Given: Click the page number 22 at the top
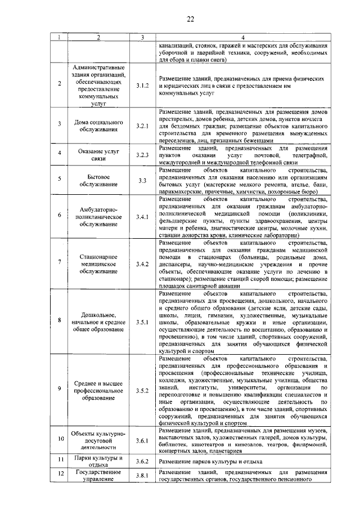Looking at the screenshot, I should pos(191,20).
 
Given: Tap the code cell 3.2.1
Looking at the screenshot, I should pos(142,126).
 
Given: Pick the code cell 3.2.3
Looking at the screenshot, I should pos(142,155).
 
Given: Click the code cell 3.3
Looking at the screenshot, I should pos(142,180).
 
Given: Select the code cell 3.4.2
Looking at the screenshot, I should pos(142,264).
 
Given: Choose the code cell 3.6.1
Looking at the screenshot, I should pos(142,440).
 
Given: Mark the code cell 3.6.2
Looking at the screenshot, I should pos(142,461).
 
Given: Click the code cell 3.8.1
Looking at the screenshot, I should pos(142,476).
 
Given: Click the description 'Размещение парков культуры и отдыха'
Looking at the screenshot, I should pos(210,461).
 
